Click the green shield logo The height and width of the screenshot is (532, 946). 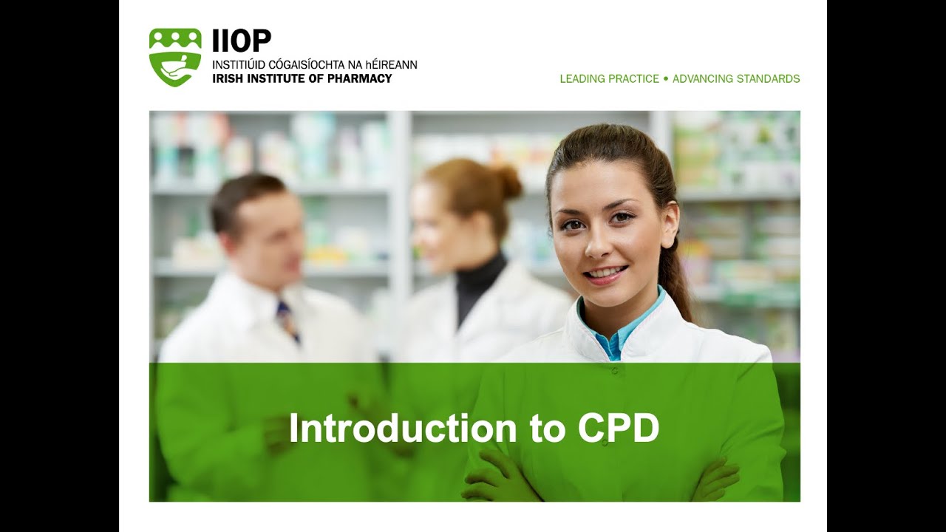[175, 57]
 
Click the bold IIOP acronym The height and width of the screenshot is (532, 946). [241, 41]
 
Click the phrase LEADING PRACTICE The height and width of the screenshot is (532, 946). [609, 78]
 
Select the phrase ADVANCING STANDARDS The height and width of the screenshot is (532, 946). [736, 78]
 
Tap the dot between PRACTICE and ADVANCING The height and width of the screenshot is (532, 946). [666, 78]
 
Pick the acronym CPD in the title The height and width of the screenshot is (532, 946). [618, 429]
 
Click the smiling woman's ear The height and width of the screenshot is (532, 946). [669, 228]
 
